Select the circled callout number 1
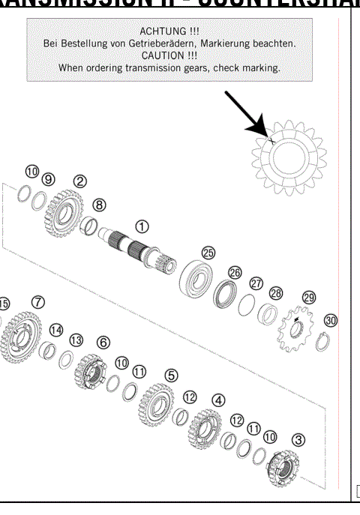[141, 225]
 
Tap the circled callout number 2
[79, 181]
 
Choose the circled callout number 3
[298, 439]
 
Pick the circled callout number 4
[218, 400]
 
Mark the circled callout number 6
[103, 342]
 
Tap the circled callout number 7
[37, 301]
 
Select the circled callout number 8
[99, 204]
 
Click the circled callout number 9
[49, 179]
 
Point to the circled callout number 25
[208, 253]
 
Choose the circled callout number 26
[235, 273]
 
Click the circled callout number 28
[276, 292]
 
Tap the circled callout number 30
[330, 319]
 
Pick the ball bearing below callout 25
[196, 278]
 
